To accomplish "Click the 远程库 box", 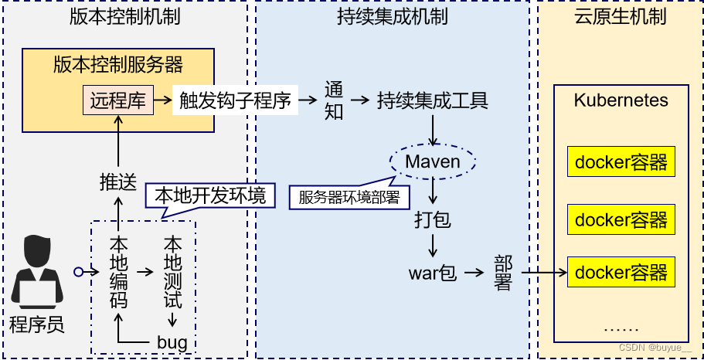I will (x=118, y=100).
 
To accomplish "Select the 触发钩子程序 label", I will (x=235, y=100).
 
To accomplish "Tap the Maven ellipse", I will (x=433, y=161).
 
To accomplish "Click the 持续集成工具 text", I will (x=432, y=100).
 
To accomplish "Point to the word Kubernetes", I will (x=621, y=100).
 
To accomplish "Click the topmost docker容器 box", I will (x=621, y=163).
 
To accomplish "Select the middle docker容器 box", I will (x=621, y=219).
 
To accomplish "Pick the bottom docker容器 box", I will (x=621, y=272).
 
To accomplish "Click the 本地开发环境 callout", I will (x=210, y=195).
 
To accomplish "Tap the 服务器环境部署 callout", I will (x=349, y=197).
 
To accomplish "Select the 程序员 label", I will (x=36, y=324).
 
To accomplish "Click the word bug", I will (x=172, y=341).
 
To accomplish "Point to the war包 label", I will (x=433, y=273).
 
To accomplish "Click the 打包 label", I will (x=433, y=220).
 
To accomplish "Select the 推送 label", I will (x=118, y=182).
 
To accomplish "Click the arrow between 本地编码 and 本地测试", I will (x=145, y=272).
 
